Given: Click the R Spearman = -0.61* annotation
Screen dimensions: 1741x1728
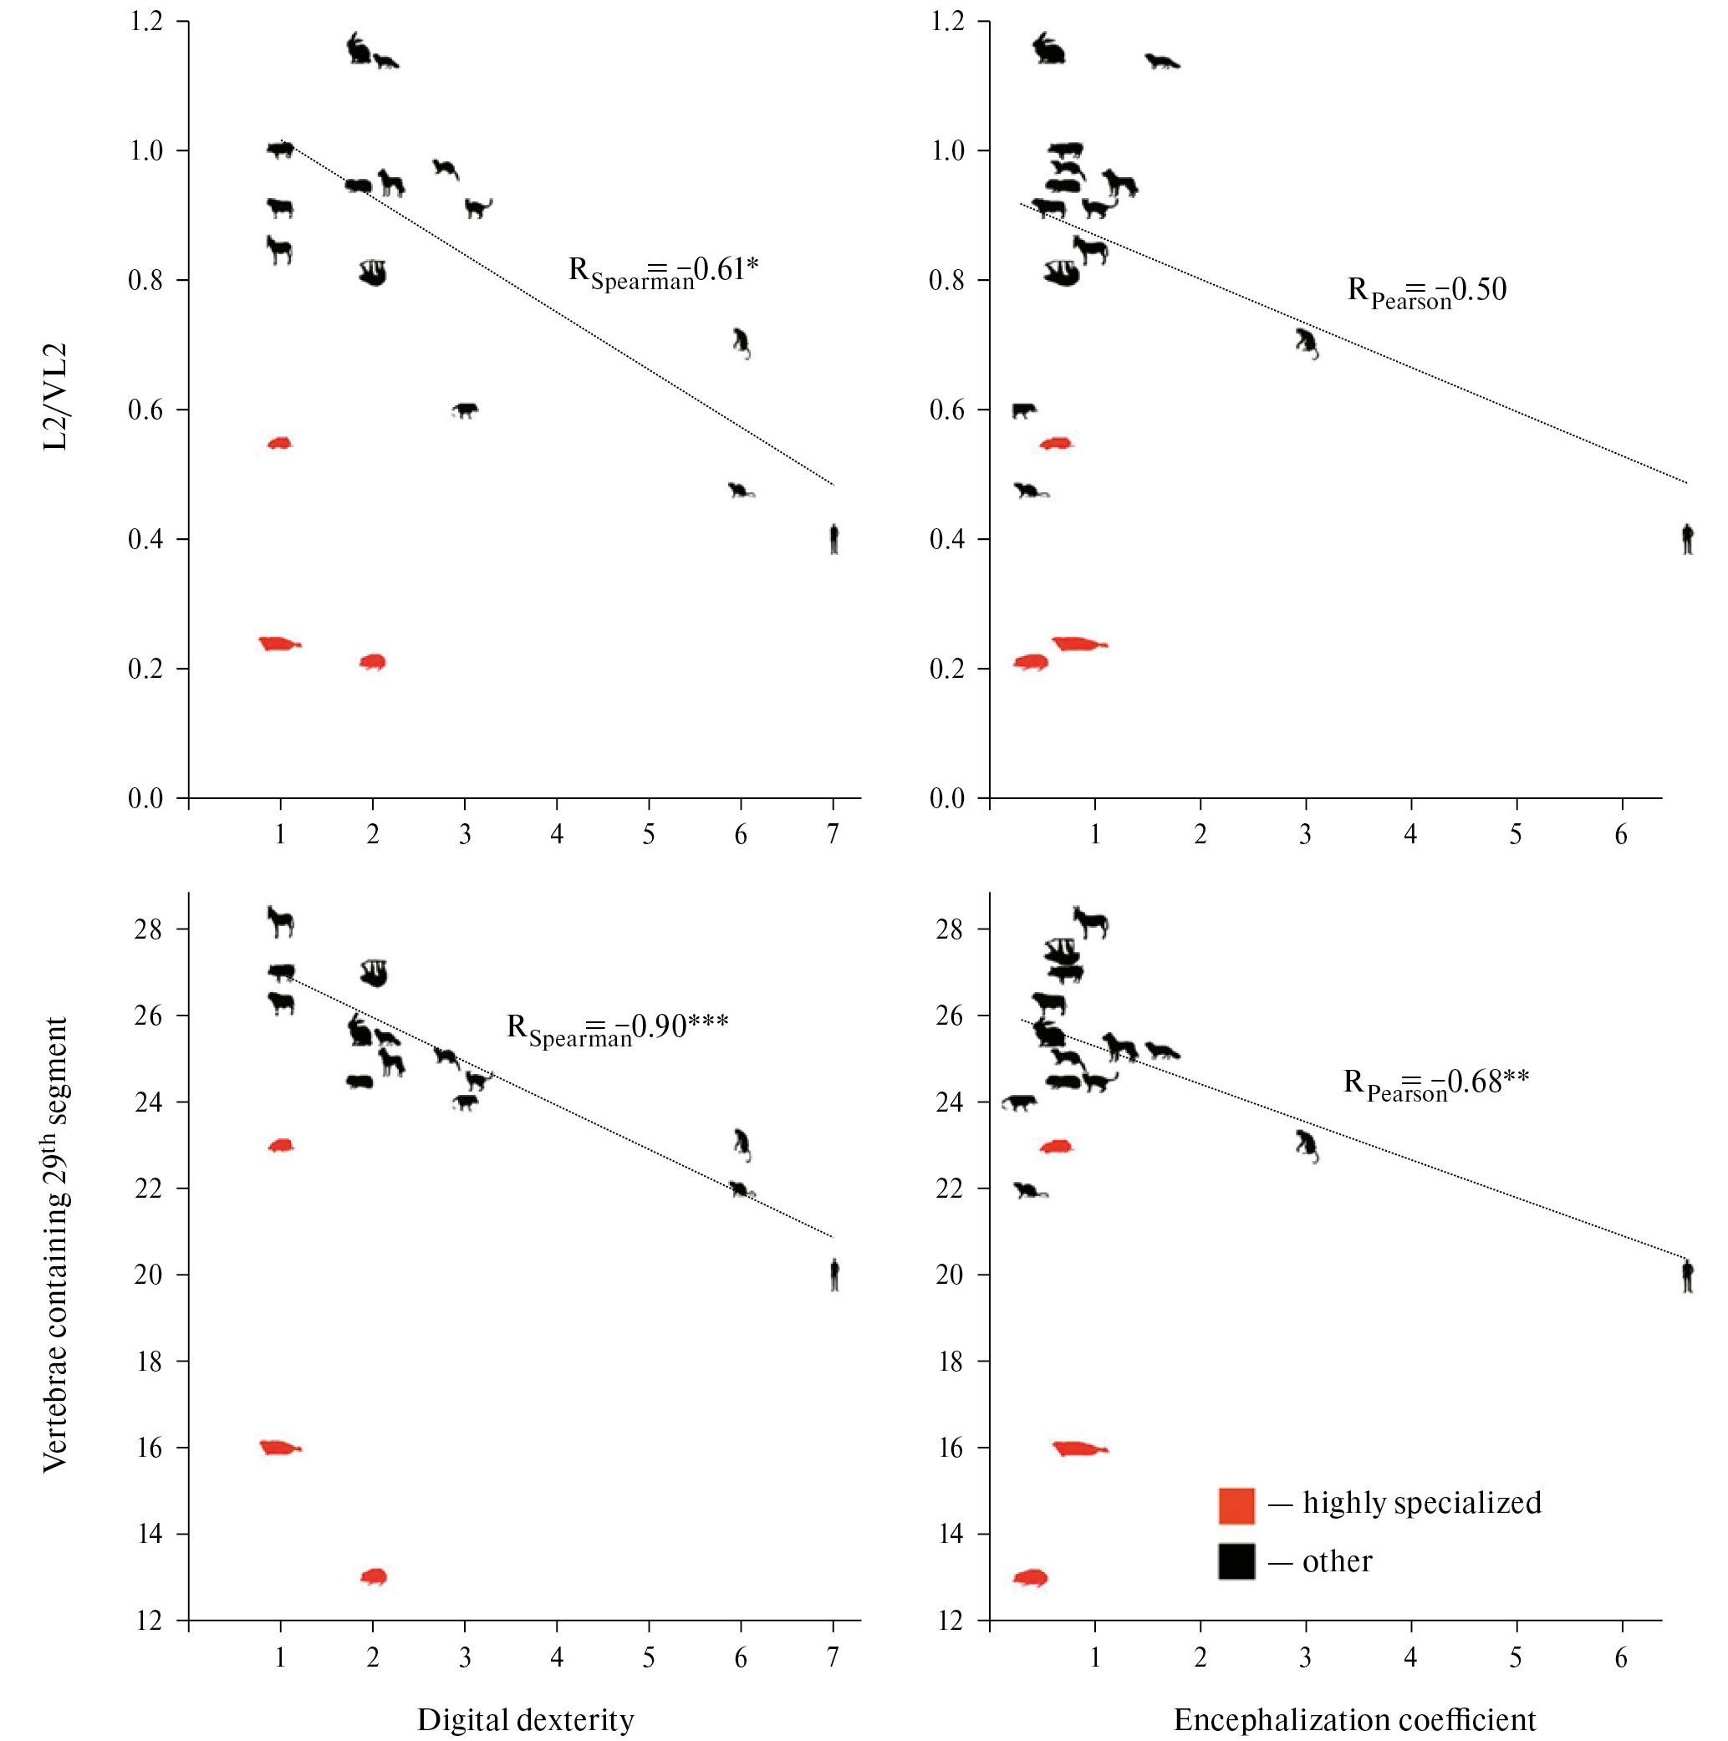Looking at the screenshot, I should pyautogui.click(x=663, y=272).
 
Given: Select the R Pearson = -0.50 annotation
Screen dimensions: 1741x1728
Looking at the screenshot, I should pyautogui.click(x=1426, y=291).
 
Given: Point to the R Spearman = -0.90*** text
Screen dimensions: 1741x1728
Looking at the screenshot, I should pyautogui.click(x=617, y=1028).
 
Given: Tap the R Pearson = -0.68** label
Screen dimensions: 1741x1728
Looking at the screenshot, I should pyautogui.click(x=1435, y=1083).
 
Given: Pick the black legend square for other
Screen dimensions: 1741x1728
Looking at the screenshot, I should pyautogui.click(x=1236, y=1561).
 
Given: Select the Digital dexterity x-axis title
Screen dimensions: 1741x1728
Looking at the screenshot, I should pyautogui.click(x=526, y=1719).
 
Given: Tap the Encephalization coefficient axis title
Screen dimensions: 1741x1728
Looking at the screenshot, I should pyautogui.click(x=1354, y=1719).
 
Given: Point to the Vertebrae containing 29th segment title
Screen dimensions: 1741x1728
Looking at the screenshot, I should pyautogui.click(x=56, y=1245).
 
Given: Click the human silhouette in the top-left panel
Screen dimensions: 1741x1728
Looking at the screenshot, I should pyautogui.click(x=833, y=539).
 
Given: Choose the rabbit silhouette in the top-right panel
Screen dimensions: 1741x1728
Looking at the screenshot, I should pyautogui.click(x=1048, y=49).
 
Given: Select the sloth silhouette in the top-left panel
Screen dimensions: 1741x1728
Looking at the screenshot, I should pyautogui.click(x=372, y=273).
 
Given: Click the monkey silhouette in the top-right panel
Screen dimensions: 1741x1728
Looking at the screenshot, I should pyautogui.click(x=1306, y=344).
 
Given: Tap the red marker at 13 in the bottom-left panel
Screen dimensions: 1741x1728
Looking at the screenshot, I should pyautogui.click(x=373, y=1577).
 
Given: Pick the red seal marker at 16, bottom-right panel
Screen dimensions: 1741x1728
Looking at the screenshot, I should pyautogui.click(x=1079, y=1449).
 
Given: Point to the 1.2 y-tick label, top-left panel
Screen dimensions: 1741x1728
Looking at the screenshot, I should pyautogui.click(x=146, y=21).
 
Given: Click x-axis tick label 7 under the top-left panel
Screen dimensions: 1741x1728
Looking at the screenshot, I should pyautogui.click(x=833, y=834).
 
